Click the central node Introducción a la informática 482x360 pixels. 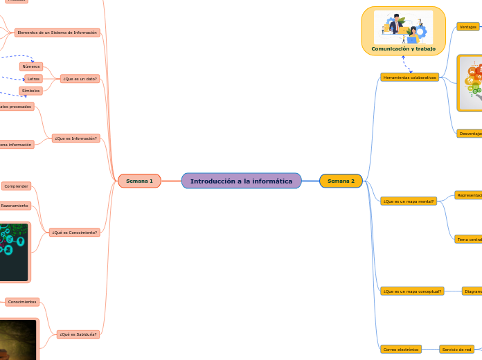pyautogui.click(x=241, y=181)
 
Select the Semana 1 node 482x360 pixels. pyautogui.click(x=139, y=181)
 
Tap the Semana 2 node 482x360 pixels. pyautogui.click(x=341, y=181)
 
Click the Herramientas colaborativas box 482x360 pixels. pyautogui.click(x=409, y=78)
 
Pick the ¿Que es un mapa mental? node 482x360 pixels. pyautogui.click(x=408, y=201)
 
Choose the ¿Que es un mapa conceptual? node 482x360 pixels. pyautogui.click(x=412, y=291)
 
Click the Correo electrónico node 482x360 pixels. pyautogui.click(x=400, y=350)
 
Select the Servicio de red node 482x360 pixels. pyautogui.click(x=456, y=350)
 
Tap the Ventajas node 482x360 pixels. pyautogui.click(x=468, y=27)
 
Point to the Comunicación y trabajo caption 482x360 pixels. pyautogui.click(x=403, y=48)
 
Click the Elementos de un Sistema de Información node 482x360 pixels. pyautogui.click(x=57, y=33)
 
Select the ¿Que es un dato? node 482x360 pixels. pyautogui.click(x=80, y=79)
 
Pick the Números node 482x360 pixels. pyautogui.click(x=31, y=66)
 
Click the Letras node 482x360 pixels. pyautogui.click(x=33, y=79)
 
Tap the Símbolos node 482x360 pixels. pyautogui.click(x=31, y=91)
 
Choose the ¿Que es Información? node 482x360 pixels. pyautogui.click(x=76, y=138)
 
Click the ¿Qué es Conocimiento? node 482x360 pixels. pyautogui.click(x=74, y=233)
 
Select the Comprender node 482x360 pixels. pyautogui.click(x=16, y=186)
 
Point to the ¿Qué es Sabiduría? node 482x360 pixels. pyautogui.click(x=78, y=334)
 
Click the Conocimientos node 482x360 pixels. pyautogui.click(x=22, y=303)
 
